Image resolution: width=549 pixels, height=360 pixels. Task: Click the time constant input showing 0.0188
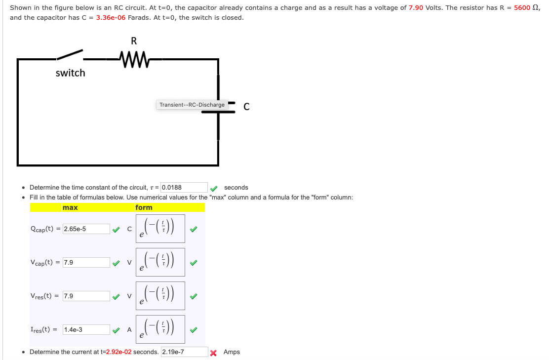[184, 188]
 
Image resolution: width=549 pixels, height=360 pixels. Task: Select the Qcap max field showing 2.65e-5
[86, 229]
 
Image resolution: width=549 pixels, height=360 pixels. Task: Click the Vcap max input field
[86, 263]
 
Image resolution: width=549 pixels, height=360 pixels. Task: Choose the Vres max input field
[86, 296]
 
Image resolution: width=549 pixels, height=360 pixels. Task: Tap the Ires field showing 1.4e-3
[86, 330]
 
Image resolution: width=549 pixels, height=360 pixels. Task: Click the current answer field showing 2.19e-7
[184, 352]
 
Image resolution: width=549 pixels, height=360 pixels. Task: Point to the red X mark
[214, 353]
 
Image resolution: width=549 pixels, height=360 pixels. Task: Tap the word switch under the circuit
[70, 73]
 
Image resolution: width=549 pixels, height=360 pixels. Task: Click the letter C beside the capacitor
[246, 106]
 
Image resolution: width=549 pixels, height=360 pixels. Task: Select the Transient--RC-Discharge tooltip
[192, 105]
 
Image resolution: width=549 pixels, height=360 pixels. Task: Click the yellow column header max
[70, 207]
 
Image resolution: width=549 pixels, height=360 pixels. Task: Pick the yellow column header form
[144, 207]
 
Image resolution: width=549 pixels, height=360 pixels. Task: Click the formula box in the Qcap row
[161, 229]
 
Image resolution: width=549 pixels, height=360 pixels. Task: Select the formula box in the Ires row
[161, 329]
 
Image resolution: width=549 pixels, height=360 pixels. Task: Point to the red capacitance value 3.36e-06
[111, 18]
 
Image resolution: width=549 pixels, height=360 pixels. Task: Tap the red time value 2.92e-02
[118, 352]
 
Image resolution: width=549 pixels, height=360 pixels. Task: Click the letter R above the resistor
[133, 41]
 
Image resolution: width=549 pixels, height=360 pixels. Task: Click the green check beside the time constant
[213, 188]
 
